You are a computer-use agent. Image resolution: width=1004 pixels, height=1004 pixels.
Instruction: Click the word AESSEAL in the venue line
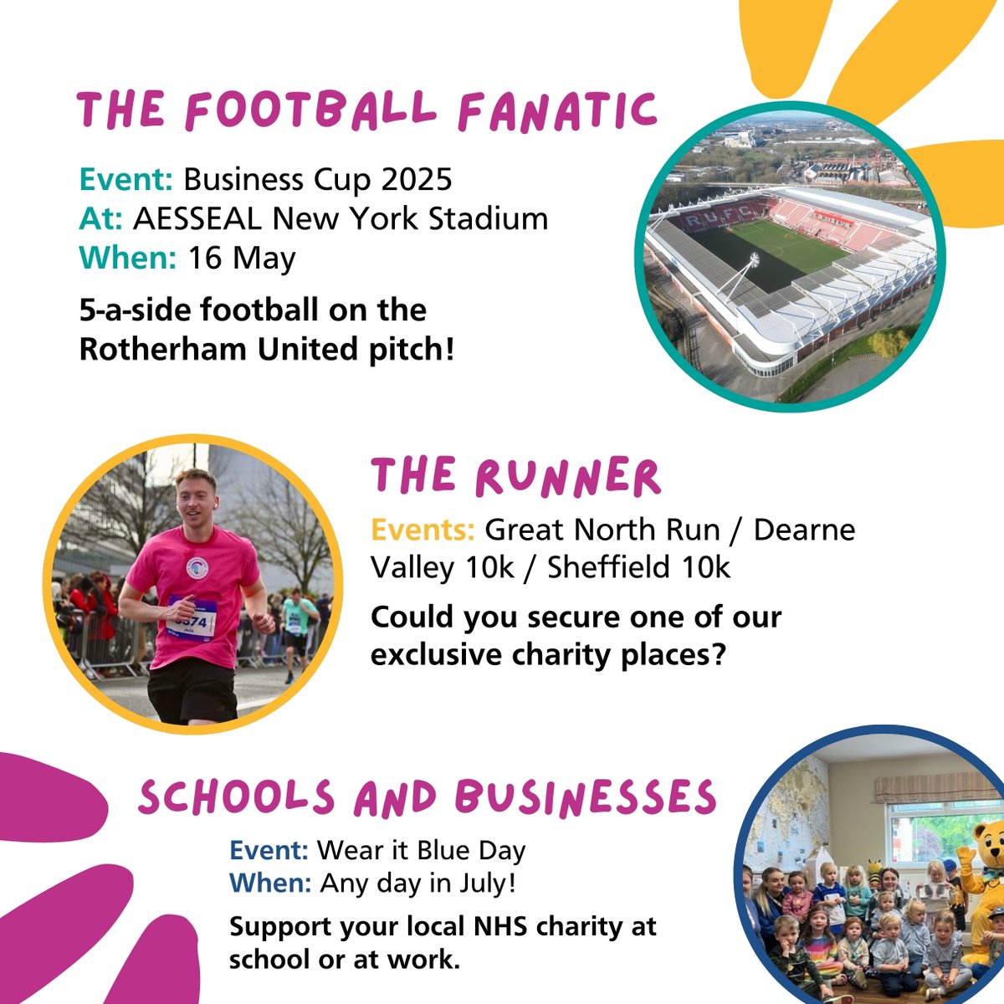click(198, 218)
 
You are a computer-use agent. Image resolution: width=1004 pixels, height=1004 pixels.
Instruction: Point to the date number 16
click(204, 258)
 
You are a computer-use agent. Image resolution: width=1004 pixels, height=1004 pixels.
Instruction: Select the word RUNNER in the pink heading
click(568, 478)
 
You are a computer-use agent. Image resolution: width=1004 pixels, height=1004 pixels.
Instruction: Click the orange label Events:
click(423, 530)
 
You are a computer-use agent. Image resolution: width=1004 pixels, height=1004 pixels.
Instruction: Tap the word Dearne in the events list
click(804, 530)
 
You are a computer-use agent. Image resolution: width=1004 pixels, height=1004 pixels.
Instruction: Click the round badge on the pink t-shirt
click(197, 566)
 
